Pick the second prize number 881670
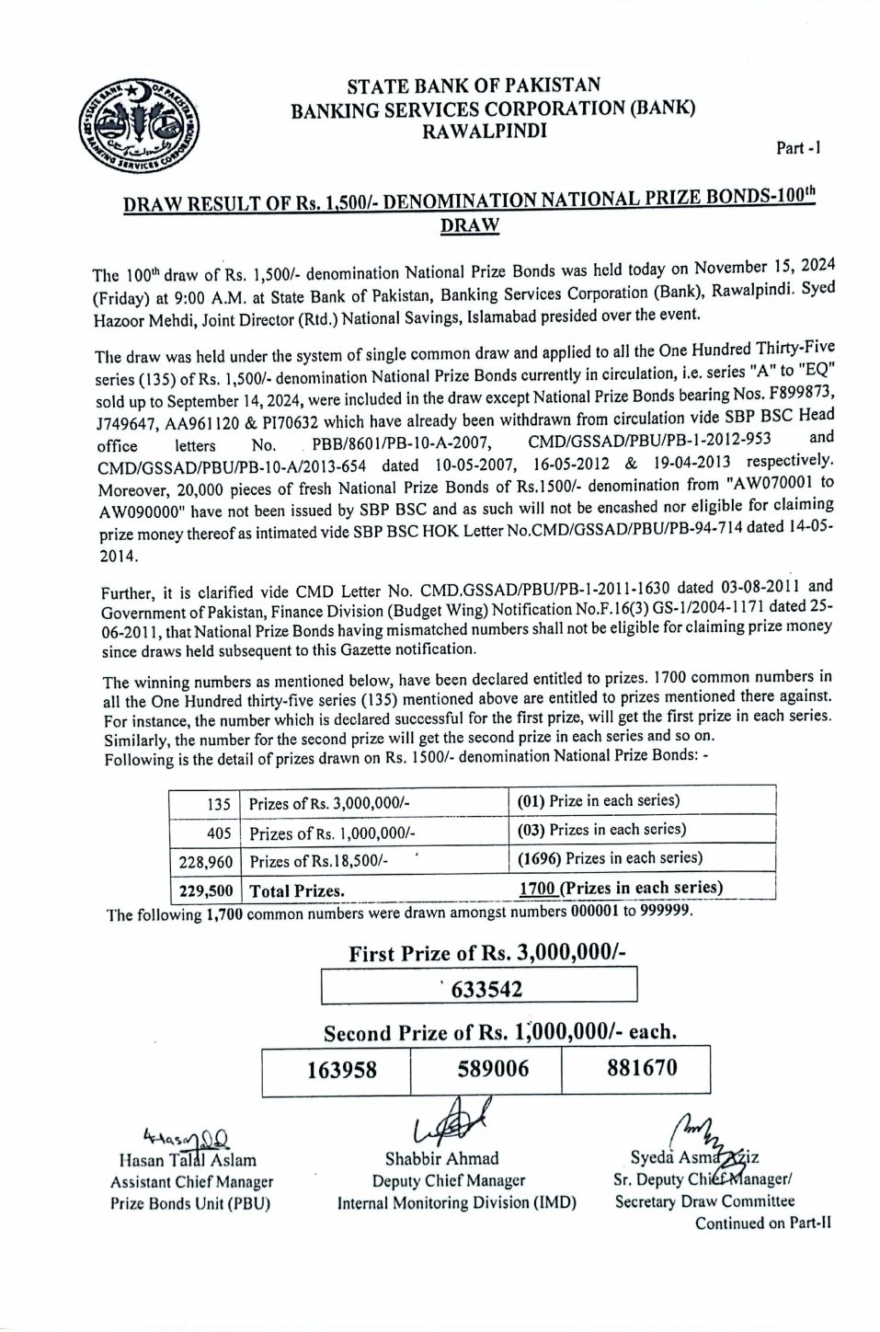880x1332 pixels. coord(642,1067)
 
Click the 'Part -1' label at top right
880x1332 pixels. coord(798,147)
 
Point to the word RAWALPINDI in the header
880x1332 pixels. coord(484,130)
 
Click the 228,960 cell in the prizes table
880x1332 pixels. coord(204,863)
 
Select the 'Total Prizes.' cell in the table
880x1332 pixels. coord(296,890)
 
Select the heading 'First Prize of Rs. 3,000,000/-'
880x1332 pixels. coord(486,954)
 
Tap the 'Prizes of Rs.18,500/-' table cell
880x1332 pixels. coord(318,862)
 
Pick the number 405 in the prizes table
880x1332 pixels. coord(219,833)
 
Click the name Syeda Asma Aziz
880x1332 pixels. coord(694,1157)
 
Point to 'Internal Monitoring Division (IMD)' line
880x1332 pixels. coord(456,1202)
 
